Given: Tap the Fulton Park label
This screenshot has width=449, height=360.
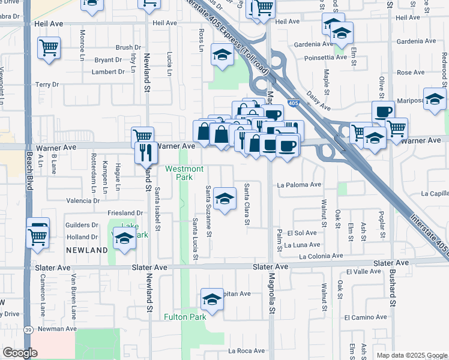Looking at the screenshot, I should coord(185,317).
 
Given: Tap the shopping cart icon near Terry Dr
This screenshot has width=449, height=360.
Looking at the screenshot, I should coord(48,48).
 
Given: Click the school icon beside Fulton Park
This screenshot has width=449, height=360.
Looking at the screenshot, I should coord(212,299).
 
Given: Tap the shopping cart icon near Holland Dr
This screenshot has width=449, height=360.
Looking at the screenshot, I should coord(38,238).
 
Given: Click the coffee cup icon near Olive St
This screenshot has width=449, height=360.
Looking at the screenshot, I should coord(383,112).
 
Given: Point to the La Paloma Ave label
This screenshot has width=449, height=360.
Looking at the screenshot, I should coord(299,185).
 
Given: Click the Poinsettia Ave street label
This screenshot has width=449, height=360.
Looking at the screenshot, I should coord(326,58).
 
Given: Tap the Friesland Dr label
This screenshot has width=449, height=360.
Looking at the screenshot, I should coord(125,213).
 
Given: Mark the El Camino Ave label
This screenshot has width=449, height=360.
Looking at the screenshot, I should coord(364,317).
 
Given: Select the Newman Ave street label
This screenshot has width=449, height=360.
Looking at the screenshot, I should coord(57,329).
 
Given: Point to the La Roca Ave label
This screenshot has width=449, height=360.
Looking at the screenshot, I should coord(247,351).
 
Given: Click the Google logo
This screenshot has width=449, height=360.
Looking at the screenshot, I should coord(20,353).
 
